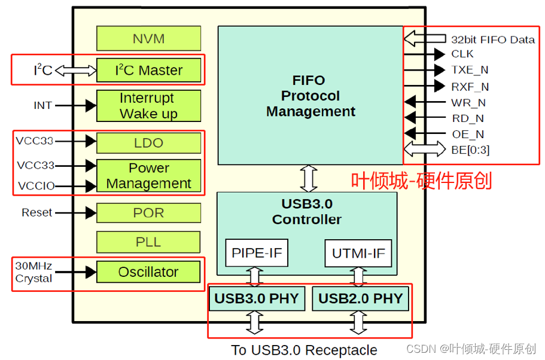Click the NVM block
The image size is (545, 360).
(x=148, y=39)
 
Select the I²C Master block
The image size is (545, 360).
(x=148, y=71)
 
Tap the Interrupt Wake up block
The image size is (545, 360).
(x=148, y=106)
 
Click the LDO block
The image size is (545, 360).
(x=148, y=144)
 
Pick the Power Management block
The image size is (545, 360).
(x=148, y=176)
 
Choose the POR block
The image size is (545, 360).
(x=148, y=213)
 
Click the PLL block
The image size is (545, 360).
(x=148, y=242)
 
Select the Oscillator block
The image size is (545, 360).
(x=148, y=272)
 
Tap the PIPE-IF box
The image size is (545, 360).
(x=257, y=253)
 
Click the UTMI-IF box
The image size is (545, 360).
(x=358, y=253)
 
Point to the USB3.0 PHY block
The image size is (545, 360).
(x=257, y=298)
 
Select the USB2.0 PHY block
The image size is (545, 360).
(x=360, y=298)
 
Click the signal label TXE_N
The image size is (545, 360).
(x=470, y=70)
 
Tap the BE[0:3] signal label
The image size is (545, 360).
(x=470, y=150)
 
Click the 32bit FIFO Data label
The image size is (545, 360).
(x=492, y=39)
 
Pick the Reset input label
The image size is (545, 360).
(x=36, y=212)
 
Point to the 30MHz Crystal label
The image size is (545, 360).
(x=34, y=272)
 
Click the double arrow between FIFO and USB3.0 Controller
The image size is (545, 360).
(x=309, y=178)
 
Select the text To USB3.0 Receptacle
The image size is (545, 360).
(x=304, y=350)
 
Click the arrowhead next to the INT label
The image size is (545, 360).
(x=90, y=106)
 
